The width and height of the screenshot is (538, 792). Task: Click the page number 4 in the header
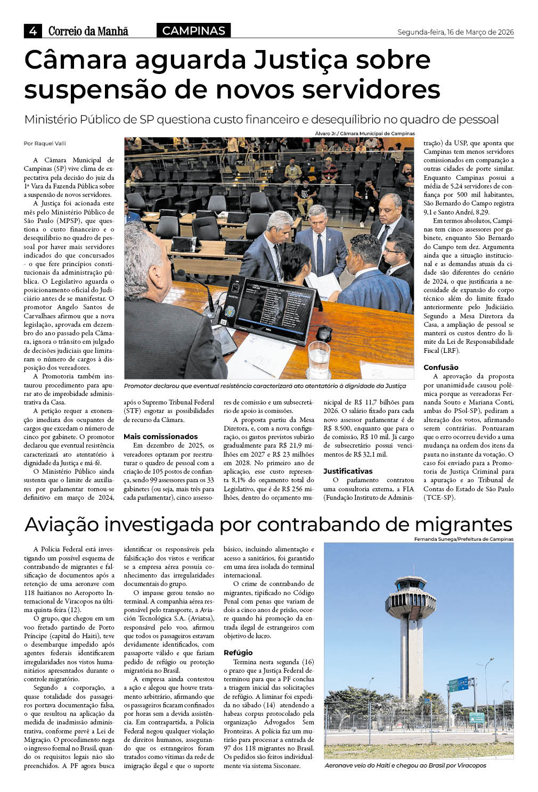click(32, 31)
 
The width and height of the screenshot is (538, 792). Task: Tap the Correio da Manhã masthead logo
click(88, 31)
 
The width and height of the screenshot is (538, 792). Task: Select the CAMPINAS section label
click(193, 31)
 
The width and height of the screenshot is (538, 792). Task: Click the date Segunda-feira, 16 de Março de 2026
click(455, 32)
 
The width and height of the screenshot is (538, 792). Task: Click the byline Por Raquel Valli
click(45, 143)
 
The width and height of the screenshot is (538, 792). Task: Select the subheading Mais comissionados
click(160, 436)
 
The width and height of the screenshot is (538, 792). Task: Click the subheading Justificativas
click(348, 471)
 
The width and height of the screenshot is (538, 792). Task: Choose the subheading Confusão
click(441, 367)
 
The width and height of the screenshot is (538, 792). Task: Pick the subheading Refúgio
click(238, 653)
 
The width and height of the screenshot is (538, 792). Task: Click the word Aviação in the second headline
click(62, 524)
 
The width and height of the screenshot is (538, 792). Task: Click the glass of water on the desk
click(319, 359)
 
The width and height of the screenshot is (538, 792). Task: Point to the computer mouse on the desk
click(323, 333)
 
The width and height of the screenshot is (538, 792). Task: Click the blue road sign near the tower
click(459, 683)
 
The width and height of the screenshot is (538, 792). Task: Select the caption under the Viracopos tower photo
click(405, 765)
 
